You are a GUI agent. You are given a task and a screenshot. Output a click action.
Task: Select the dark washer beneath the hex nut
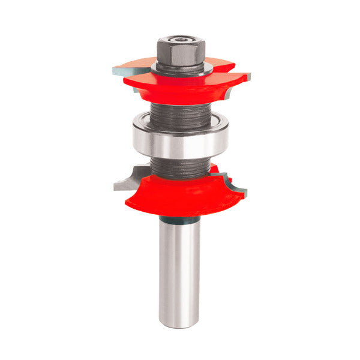click(x=180, y=67)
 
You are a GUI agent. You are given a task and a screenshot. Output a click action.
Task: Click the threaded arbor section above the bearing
click(x=180, y=114)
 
